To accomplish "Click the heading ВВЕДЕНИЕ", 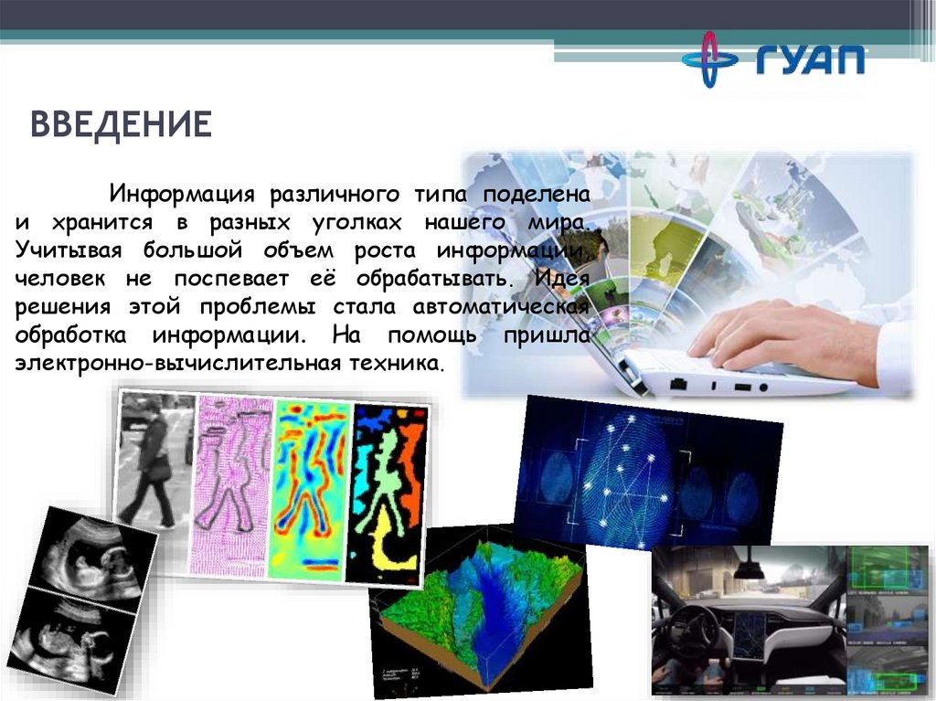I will (x=122, y=123).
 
